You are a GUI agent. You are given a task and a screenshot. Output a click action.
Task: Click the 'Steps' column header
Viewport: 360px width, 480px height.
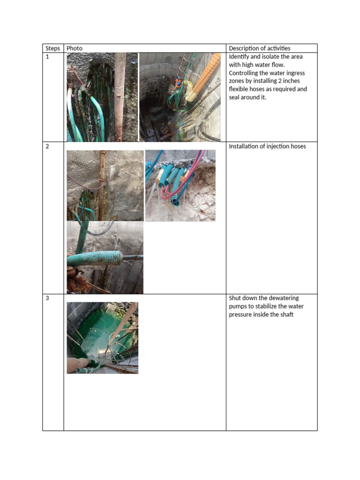52,48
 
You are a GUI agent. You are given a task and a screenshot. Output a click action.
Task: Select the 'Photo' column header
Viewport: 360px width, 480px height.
75,48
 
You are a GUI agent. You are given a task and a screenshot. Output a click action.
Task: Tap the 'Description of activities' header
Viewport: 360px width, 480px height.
259,48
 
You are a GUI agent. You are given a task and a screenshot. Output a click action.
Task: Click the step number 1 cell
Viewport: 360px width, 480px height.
47,57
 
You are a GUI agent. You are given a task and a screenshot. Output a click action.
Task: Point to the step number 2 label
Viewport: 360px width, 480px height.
47,147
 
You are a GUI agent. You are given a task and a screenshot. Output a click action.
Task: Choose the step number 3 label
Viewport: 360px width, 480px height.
47,298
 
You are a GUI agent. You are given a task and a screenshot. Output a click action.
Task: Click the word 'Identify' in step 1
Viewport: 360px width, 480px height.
240,57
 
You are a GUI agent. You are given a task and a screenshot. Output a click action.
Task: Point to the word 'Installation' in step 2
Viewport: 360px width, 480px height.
245,147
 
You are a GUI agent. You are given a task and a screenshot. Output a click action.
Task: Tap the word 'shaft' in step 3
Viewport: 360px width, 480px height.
286,315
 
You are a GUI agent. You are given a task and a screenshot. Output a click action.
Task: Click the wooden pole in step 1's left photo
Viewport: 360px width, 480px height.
120,98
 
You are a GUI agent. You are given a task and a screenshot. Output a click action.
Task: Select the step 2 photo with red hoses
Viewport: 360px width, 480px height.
180,186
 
